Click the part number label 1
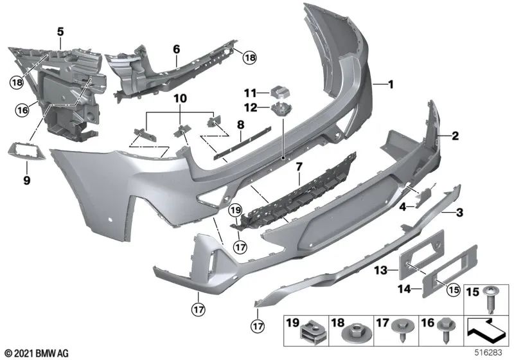(x=389, y=84)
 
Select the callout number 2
(x=455, y=136)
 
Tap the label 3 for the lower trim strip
(x=460, y=212)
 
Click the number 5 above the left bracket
(x=60, y=30)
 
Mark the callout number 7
(x=298, y=168)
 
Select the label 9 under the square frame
(x=26, y=181)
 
